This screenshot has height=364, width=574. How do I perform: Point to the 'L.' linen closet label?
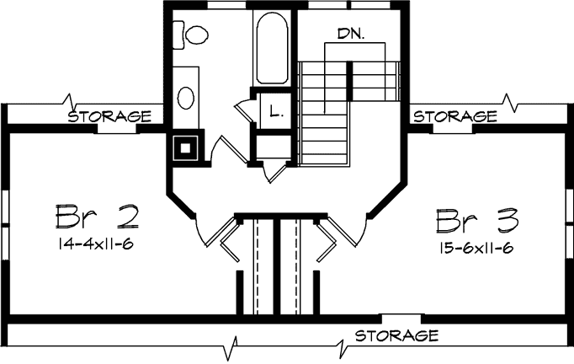point(275,110)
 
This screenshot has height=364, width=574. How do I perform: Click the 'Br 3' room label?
point(477,221)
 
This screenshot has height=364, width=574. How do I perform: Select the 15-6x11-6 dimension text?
point(477,248)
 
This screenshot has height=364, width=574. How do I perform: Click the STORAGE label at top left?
point(109,115)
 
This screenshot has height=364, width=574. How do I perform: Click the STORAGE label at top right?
point(454,115)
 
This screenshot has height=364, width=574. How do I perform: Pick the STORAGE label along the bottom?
point(396,335)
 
